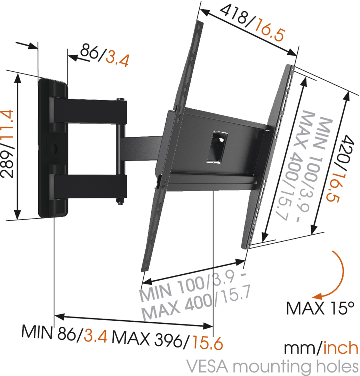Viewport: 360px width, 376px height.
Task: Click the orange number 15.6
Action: click(x=207, y=343)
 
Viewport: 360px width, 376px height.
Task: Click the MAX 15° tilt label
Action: click(x=320, y=308)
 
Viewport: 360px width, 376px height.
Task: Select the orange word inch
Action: click(x=341, y=348)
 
